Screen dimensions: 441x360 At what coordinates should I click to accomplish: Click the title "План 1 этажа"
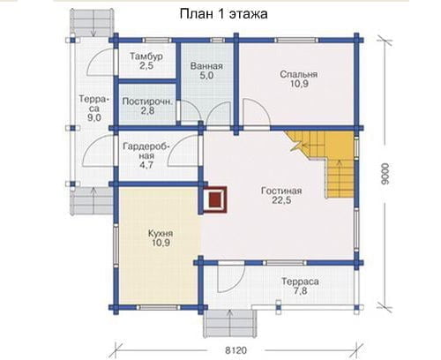click(x=223, y=14)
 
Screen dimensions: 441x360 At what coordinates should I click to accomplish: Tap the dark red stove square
click(x=215, y=199)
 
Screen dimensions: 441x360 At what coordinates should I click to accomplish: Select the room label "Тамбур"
click(x=146, y=56)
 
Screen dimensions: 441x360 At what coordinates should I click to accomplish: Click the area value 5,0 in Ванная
click(x=206, y=76)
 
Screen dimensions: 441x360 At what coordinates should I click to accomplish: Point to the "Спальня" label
click(x=299, y=74)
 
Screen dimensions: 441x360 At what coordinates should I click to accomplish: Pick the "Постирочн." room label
click(x=147, y=101)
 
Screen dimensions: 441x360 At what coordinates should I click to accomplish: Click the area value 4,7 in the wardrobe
click(x=146, y=165)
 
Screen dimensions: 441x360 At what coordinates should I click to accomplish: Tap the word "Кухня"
click(x=161, y=234)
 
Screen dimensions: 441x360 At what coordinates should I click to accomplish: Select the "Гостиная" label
click(x=281, y=191)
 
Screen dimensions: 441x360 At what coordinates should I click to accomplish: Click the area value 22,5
click(x=281, y=200)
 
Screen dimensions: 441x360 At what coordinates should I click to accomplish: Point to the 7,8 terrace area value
click(x=300, y=291)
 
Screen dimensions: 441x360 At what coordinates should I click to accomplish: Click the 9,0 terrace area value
click(x=94, y=117)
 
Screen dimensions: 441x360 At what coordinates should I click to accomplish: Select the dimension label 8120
click(x=236, y=350)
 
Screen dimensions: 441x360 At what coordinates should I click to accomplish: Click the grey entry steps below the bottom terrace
click(x=230, y=324)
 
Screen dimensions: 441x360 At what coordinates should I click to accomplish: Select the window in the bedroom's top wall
click(x=296, y=40)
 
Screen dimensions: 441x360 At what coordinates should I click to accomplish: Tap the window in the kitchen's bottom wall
click(x=159, y=308)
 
